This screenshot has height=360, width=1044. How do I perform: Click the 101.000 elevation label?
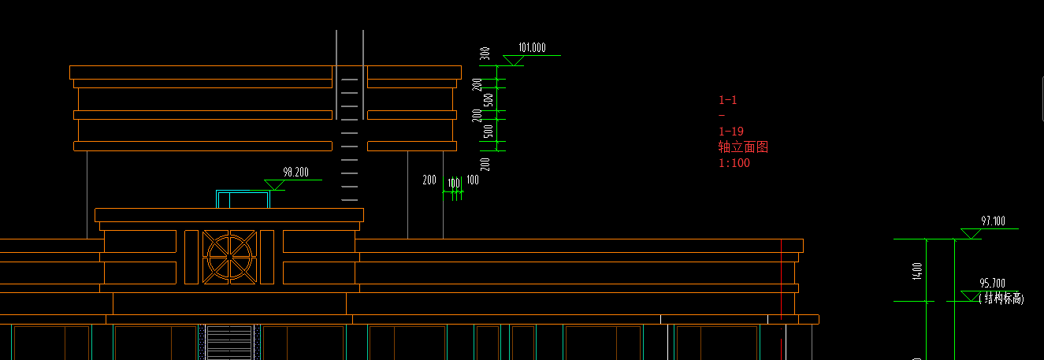[533, 48]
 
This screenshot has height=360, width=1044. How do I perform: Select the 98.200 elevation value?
[295, 172]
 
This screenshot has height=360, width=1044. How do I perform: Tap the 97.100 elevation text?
[994, 222]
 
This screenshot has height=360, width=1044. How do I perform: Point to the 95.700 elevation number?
[992, 284]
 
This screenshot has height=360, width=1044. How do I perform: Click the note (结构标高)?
[1001, 299]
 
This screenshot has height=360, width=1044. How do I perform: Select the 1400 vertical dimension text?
[917, 271]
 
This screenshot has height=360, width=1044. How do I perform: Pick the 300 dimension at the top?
[485, 54]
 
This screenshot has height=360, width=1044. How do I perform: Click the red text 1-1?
[728, 100]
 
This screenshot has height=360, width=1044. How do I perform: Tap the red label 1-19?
[731, 132]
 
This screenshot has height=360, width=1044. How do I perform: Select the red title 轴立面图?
[742, 147]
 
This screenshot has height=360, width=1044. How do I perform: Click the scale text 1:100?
[734, 163]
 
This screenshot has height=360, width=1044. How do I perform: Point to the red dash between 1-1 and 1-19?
[722, 116]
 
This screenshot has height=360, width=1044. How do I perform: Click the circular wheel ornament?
[229, 256]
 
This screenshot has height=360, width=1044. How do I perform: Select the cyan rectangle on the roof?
[243, 199]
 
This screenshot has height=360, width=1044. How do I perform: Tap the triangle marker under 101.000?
[514, 61]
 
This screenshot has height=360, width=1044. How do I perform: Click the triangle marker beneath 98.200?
[274, 185]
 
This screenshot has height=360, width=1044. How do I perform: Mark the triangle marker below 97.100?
[971, 233]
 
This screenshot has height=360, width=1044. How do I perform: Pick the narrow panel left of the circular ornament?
[191, 257]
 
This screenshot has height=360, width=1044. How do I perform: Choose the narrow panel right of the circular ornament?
[266, 257]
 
